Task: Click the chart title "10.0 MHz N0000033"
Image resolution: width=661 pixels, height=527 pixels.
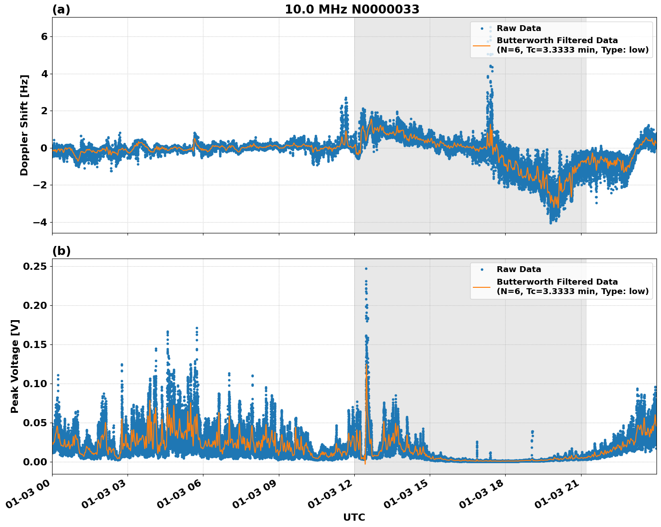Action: (352, 9)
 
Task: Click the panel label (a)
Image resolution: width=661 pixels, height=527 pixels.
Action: (61, 9)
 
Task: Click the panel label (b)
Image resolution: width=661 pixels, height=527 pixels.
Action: (61, 251)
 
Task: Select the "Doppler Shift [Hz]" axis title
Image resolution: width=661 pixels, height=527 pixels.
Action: (24, 125)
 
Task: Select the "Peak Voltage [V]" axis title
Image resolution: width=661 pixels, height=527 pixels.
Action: (15, 366)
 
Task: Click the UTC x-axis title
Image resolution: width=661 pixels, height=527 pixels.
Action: (354, 517)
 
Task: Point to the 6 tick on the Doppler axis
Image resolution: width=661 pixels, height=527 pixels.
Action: (44, 36)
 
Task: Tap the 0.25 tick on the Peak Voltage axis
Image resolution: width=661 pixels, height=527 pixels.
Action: (35, 266)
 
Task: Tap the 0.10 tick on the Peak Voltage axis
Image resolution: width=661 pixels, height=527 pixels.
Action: (35, 384)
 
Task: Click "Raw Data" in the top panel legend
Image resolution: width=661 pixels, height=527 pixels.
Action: (519, 28)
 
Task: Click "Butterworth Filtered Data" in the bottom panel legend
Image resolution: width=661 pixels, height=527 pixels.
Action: (557, 282)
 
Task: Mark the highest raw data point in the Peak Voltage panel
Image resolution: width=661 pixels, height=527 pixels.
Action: (366, 268)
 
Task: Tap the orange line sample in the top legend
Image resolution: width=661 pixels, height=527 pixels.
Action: (481, 45)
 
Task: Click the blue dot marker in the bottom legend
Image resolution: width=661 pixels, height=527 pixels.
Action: (481, 269)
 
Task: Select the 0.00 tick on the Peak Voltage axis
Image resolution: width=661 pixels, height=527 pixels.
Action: (35, 462)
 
